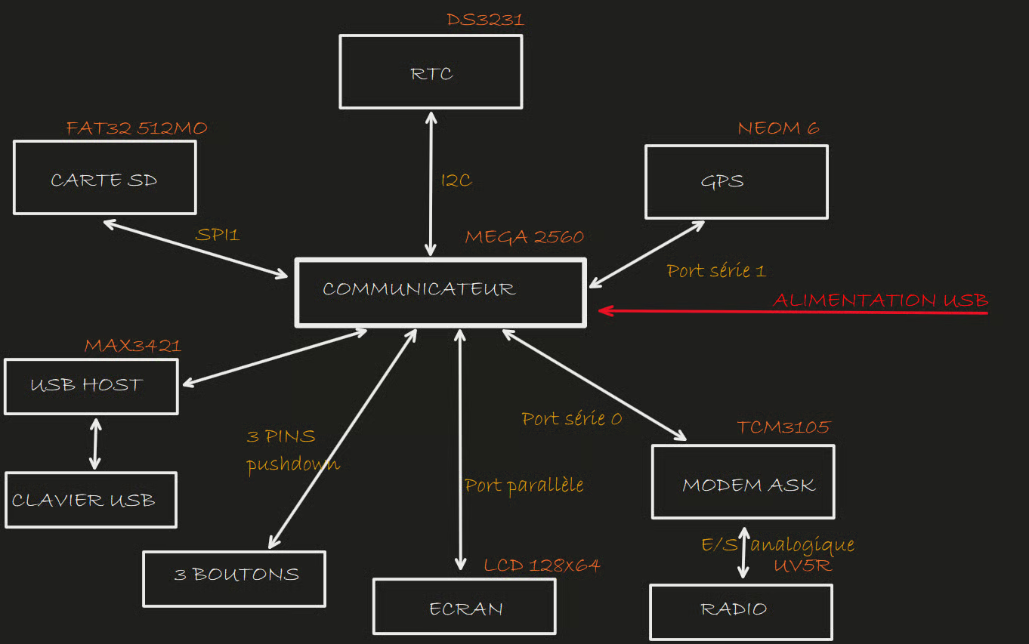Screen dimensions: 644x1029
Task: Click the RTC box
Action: (431, 72)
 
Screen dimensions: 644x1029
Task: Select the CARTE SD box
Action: (104, 177)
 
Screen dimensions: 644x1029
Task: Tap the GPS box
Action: (736, 182)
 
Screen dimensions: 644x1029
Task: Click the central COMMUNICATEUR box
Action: (440, 293)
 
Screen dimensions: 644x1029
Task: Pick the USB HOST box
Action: (91, 387)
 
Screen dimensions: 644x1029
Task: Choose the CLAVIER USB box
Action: (90, 500)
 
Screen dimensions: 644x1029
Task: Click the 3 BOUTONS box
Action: (234, 578)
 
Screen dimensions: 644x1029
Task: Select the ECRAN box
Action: (465, 607)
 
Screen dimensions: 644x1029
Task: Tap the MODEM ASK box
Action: (743, 482)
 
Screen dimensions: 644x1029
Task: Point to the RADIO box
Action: (740, 612)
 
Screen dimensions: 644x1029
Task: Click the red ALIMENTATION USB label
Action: (880, 300)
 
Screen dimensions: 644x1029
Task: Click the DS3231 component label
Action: (485, 20)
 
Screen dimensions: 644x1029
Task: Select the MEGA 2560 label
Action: (524, 237)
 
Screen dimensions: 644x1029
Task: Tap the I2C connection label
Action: (456, 180)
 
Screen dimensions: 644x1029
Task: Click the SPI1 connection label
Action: (217, 235)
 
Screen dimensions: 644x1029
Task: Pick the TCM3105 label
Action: (783, 427)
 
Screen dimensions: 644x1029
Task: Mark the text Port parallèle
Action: (524, 485)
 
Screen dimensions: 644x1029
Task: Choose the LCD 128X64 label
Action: (542, 565)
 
